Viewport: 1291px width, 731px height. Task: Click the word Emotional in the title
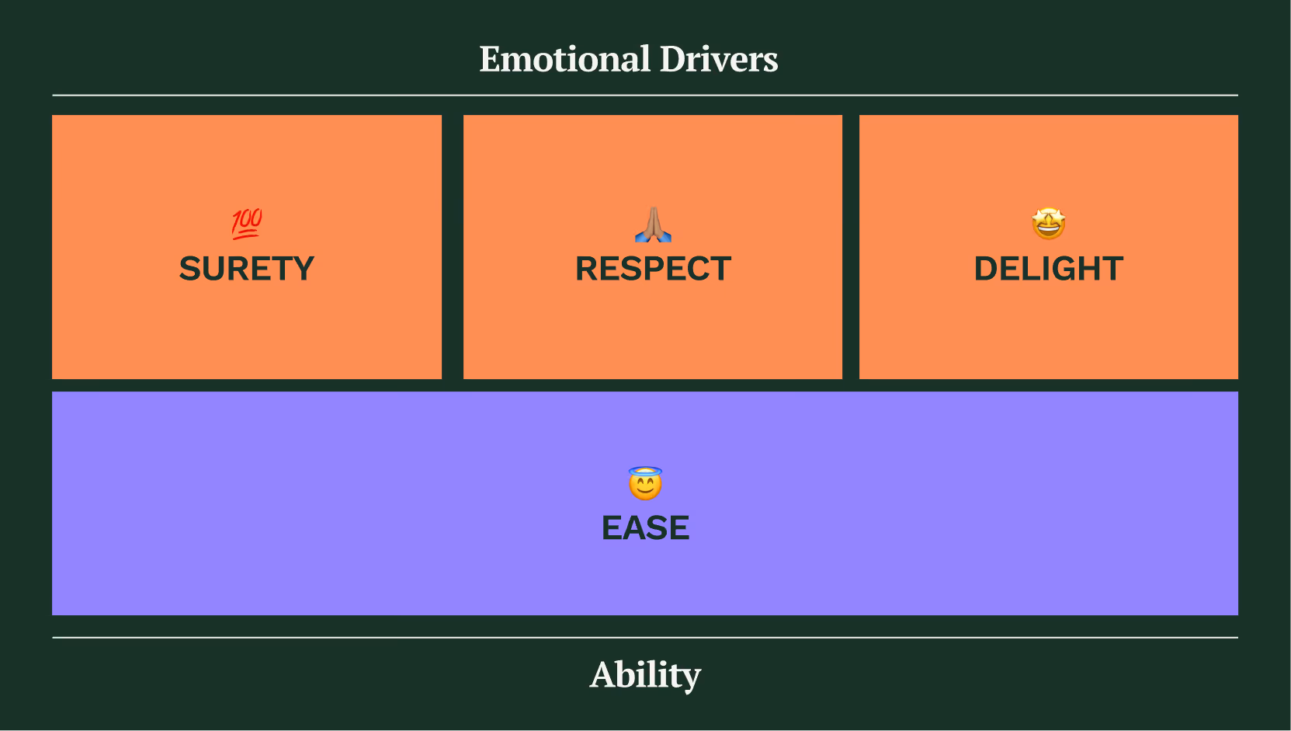564,59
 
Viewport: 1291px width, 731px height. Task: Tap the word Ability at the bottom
645,674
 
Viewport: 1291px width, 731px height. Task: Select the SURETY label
247,269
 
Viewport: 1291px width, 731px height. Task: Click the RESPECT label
653,269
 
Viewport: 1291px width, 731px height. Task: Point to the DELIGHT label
1048,269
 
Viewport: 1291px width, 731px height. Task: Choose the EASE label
645,528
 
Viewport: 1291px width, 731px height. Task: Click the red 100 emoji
247,224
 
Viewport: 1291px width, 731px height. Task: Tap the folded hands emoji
653,225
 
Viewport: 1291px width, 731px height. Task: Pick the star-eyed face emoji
1048,224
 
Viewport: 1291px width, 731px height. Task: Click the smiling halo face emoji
645,485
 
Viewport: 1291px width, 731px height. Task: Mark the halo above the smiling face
645,471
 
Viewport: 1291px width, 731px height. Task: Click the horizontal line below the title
645,95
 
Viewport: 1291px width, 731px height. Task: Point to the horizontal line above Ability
645,638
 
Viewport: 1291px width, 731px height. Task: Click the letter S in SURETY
190,269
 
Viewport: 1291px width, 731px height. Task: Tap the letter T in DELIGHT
1112,269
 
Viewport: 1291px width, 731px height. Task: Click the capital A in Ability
603,674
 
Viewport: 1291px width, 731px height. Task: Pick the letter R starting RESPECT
587,269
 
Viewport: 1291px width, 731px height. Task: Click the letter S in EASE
657,528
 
